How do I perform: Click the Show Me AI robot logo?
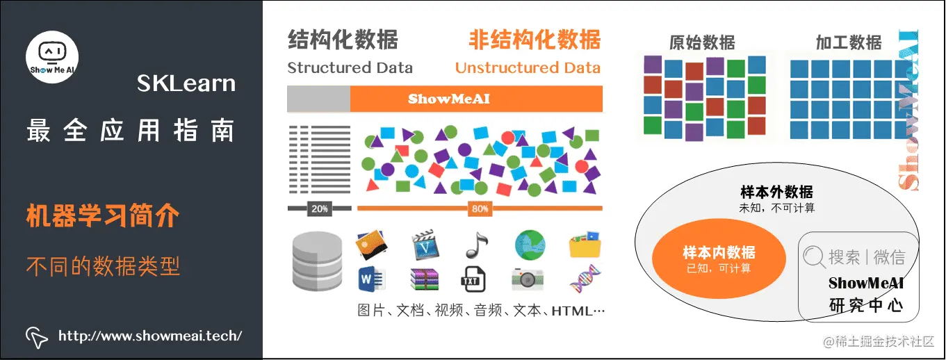[x=52, y=57]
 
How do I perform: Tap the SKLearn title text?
[x=186, y=84]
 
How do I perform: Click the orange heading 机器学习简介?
[x=103, y=216]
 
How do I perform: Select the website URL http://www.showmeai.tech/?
[x=149, y=336]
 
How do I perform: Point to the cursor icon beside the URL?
[x=37, y=336]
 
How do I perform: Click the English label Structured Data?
[x=350, y=68]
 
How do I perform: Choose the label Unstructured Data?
[x=528, y=68]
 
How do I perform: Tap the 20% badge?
[x=319, y=208]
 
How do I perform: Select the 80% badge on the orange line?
[x=480, y=208]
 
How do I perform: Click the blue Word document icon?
[x=368, y=279]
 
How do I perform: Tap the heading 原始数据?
[x=702, y=42]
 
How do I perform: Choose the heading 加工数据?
[x=849, y=42]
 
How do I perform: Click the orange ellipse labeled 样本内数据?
[x=719, y=259]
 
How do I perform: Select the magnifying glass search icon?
[x=813, y=257]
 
